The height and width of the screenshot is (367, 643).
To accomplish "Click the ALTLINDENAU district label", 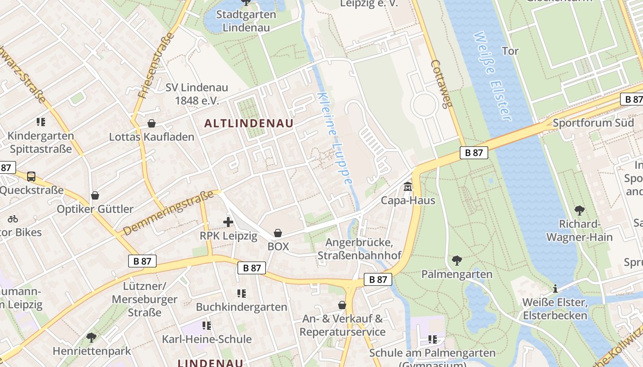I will (248, 123).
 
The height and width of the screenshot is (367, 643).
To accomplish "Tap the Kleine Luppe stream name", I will (335, 138).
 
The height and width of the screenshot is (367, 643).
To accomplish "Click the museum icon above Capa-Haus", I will (408, 187).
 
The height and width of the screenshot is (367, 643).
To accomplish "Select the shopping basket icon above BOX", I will (278, 233).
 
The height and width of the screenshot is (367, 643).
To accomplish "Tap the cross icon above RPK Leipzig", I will (228, 222).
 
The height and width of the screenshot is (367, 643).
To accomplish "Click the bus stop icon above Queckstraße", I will (31, 176).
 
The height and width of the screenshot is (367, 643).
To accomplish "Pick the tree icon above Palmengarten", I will (457, 261).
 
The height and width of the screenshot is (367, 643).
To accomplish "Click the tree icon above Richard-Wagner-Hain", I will (579, 211).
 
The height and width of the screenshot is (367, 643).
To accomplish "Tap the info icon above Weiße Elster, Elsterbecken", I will (555, 289).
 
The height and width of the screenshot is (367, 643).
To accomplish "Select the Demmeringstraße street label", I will (169, 212).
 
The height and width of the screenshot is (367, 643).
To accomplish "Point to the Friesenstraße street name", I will (156, 65).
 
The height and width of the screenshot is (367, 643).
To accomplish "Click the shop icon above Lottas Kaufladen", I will (152, 123).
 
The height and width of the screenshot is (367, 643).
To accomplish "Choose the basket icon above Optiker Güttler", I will (95, 195).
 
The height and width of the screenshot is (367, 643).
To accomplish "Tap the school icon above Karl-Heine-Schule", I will (207, 325).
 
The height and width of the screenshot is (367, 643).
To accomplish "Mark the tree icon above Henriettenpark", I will (91, 338).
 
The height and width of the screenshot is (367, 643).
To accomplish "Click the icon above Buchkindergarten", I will (241, 293).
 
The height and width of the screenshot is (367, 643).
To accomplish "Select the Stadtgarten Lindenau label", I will (246, 21).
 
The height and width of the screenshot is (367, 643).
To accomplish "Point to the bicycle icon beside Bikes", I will (13, 219).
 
